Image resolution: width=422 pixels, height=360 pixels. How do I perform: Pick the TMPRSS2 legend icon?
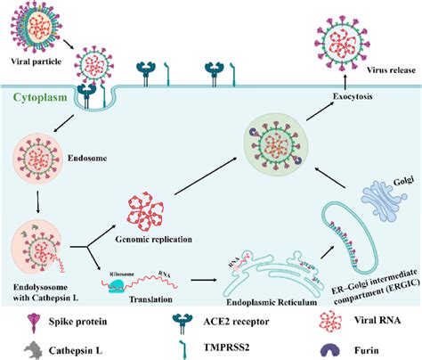(183, 343)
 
